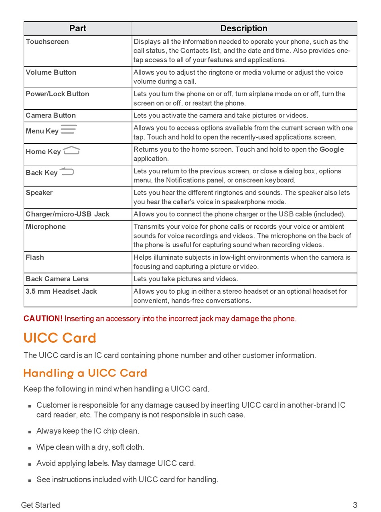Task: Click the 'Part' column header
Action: [x=77, y=28]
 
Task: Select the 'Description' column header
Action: [x=243, y=28]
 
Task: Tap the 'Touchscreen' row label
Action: [x=47, y=42]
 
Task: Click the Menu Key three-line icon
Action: [x=69, y=130]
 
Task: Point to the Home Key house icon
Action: [x=71, y=151]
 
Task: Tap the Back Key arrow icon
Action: [x=67, y=172]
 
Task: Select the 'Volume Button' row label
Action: [x=51, y=73]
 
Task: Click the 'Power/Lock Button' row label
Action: [x=57, y=94]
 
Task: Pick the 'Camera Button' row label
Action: [x=51, y=116]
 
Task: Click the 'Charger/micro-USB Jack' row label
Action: [x=67, y=214]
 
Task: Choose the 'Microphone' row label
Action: [x=46, y=227]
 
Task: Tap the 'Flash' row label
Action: [x=35, y=258]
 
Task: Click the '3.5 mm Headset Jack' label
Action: [x=61, y=292]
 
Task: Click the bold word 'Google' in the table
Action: [x=331, y=150]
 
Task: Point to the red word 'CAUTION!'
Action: [x=43, y=319]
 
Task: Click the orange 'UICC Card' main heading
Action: [x=60, y=338]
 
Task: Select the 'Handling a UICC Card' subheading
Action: [x=85, y=373]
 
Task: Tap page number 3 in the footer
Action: [x=355, y=505]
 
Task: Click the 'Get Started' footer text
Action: [x=41, y=505]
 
